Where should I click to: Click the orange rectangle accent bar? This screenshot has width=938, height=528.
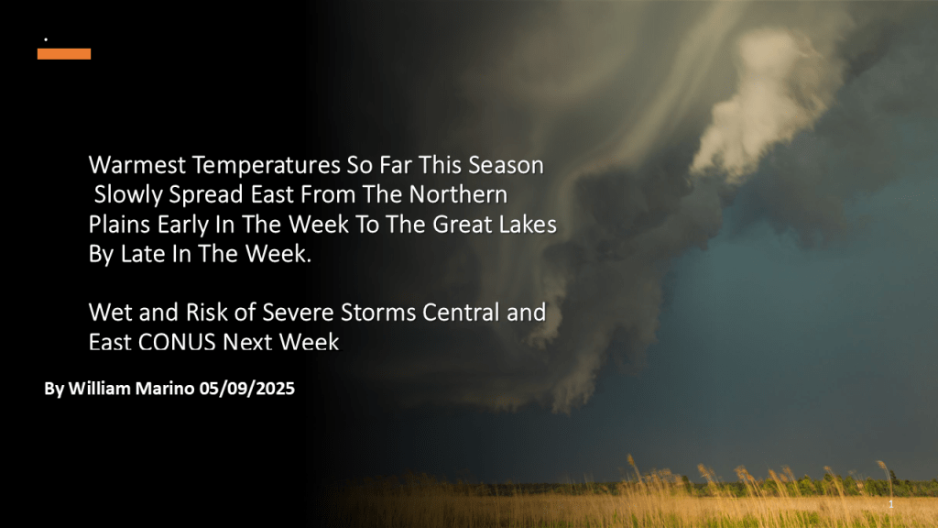(64, 54)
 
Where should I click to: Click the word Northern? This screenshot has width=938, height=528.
(458, 194)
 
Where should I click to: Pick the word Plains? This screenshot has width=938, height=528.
(120, 225)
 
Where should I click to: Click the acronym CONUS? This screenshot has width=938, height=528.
(177, 343)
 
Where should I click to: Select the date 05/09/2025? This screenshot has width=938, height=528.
(247, 389)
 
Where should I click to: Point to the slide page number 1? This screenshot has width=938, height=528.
(890, 504)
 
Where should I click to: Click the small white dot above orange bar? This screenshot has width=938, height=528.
(46, 39)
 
